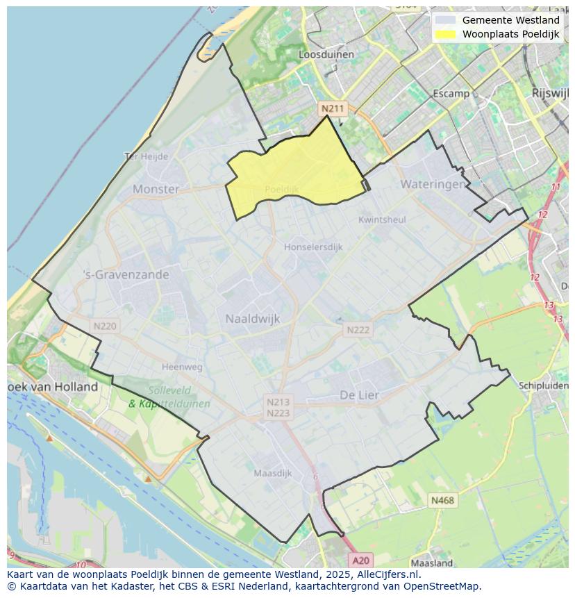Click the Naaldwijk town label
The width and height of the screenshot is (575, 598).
[x=252, y=319]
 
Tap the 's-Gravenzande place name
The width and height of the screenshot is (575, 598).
[x=126, y=274]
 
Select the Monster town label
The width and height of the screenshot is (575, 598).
[x=156, y=189]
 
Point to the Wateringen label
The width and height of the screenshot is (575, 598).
[x=433, y=184]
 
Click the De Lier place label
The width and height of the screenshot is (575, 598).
[x=359, y=394]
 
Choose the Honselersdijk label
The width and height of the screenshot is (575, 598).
[x=313, y=247]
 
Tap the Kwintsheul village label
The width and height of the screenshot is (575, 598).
[x=382, y=219]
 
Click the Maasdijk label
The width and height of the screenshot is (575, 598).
[x=272, y=473]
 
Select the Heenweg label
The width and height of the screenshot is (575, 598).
[x=182, y=367]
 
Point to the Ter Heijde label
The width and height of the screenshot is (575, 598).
[x=146, y=156]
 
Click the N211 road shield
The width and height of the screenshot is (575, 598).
[x=332, y=108]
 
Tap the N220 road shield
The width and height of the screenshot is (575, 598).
[x=105, y=325]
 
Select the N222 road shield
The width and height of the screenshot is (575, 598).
[x=358, y=330]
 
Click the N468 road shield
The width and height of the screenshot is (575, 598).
[x=442, y=500]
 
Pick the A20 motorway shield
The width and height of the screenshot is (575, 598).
[x=360, y=560]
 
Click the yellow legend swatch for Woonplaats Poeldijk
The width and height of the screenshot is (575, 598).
[x=446, y=34]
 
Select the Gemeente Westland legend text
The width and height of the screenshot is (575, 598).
[x=510, y=20]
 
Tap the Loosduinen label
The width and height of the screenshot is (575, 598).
[x=326, y=54]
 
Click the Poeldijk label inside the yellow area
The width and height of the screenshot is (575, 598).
[x=281, y=189]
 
